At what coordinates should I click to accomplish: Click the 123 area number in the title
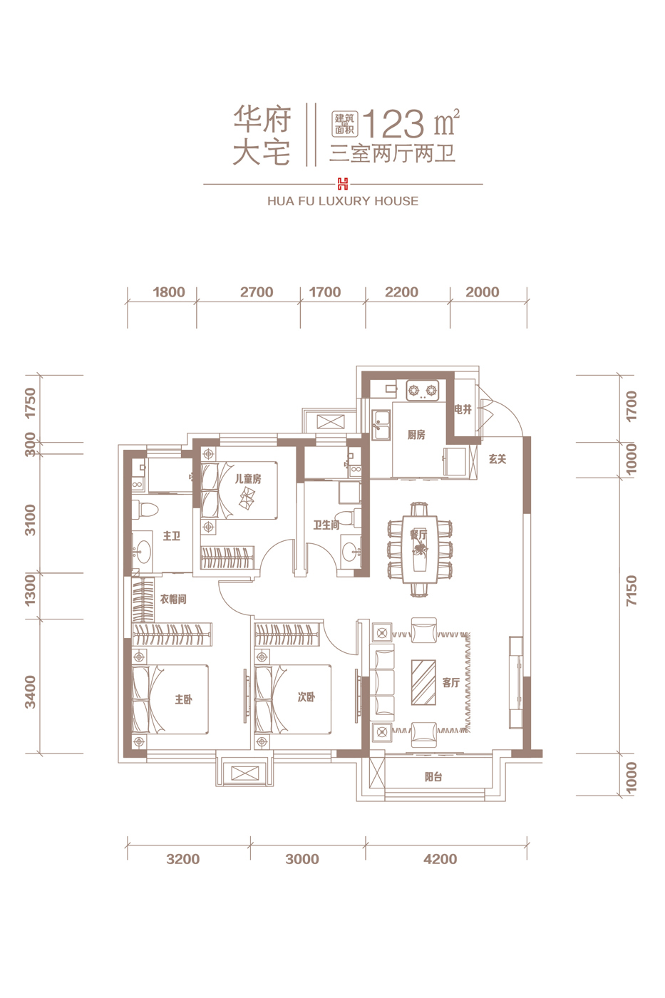click(393, 124)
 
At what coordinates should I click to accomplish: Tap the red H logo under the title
click(343, 184)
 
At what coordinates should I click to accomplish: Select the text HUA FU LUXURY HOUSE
click(343, 201)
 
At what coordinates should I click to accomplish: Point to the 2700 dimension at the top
click(257, 292)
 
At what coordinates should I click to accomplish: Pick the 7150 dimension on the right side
click(632, 590)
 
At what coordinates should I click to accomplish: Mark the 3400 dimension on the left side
click(30, 691)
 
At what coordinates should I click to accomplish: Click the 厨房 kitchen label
click(416, 435)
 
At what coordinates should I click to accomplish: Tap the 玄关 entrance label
click(498, 459)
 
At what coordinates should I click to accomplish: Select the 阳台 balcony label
click(433, 778)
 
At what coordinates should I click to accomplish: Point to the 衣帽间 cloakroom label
click(173, 600)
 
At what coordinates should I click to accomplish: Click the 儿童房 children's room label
click(248, 479)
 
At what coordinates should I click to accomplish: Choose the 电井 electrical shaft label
click(463, 409)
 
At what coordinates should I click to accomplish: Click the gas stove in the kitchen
click(422, 391)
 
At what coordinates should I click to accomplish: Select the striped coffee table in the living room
click(423, 682)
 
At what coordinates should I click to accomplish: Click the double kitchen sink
click(381, 425)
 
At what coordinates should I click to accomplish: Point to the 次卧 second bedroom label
click(306, 697)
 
